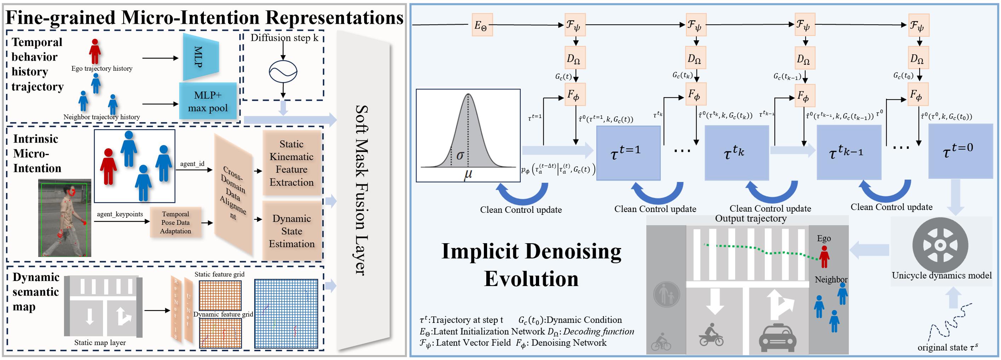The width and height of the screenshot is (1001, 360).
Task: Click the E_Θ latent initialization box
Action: [482, 25]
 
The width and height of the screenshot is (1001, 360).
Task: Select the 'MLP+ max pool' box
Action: [208, 101]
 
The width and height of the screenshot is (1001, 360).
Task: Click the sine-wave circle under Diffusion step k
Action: [283, 72]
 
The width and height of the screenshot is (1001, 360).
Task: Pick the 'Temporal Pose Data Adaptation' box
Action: [176, 222]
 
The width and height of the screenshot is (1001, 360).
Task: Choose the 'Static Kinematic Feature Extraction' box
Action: [292, 163]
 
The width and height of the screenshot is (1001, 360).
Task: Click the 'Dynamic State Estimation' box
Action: [292, 231]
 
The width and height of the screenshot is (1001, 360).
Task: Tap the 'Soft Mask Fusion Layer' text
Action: [362, 190]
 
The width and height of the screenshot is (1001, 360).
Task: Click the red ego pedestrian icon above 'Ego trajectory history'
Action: [95, 51]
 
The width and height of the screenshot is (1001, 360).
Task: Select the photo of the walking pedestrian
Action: [64, 218]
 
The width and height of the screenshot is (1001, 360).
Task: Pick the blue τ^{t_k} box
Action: [736, 153]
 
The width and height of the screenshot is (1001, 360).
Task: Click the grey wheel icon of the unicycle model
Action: [940, 245]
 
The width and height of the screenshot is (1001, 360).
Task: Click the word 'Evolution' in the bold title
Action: [531, 279]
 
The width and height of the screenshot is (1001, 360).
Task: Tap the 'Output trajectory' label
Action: [751, 218]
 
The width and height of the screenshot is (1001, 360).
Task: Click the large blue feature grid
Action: [286, 313]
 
